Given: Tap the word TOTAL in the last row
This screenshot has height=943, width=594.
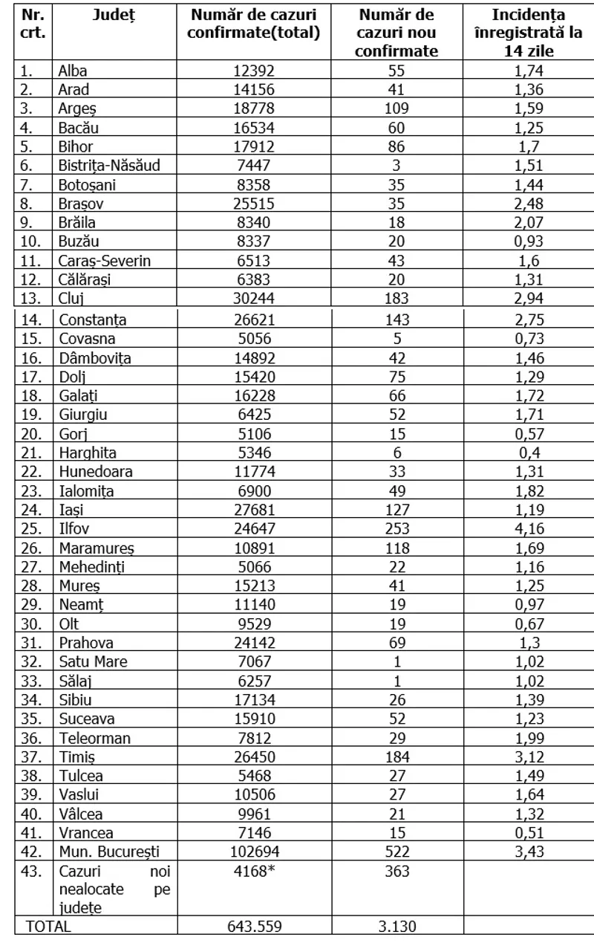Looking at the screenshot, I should (x=49, y=927).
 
